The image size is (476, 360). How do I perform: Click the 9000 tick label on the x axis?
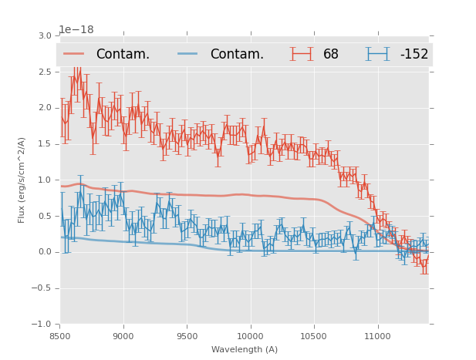coord(123,336)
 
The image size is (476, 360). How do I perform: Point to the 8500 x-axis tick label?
coord(59,336)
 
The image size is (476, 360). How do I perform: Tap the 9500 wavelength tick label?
coord(187,336)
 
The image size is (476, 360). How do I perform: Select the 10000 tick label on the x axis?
coord(250,336)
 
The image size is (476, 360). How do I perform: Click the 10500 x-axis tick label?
coord(314,336)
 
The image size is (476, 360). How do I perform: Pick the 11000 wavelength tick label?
coord(377,336)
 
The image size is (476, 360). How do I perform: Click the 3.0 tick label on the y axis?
coord(44,36)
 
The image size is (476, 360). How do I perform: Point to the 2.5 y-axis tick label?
coord(44,72)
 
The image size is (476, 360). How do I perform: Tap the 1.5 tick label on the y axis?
coord(44,144)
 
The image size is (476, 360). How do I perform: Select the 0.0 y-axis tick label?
coord(44,252)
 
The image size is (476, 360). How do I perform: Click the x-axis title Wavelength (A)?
coord(244,349)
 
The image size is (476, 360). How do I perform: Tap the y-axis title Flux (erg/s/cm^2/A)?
coord(22,180)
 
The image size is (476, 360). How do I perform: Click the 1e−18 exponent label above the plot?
coord(76,29)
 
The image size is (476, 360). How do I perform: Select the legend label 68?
coord(331,54)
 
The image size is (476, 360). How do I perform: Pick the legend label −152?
coord(414,54)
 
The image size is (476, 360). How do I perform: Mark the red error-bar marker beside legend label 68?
coord(302,54)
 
